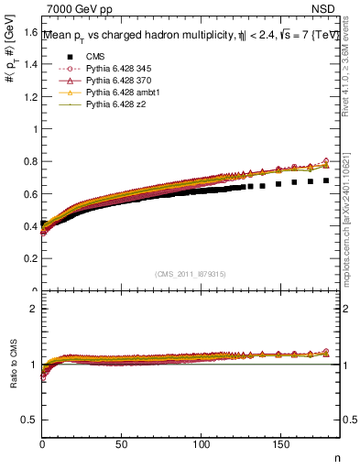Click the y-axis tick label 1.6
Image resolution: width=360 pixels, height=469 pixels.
click(x=30, y=32)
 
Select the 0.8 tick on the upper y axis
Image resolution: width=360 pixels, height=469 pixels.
click(x=30, y=162)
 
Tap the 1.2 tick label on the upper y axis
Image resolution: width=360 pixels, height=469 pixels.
click(x=30, y=97)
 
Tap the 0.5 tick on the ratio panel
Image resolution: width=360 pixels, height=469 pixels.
click(x=30, y=420)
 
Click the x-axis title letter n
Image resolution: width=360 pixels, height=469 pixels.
click(x=336, y=458)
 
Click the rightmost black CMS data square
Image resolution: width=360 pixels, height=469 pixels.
click(x=326, y=180)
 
